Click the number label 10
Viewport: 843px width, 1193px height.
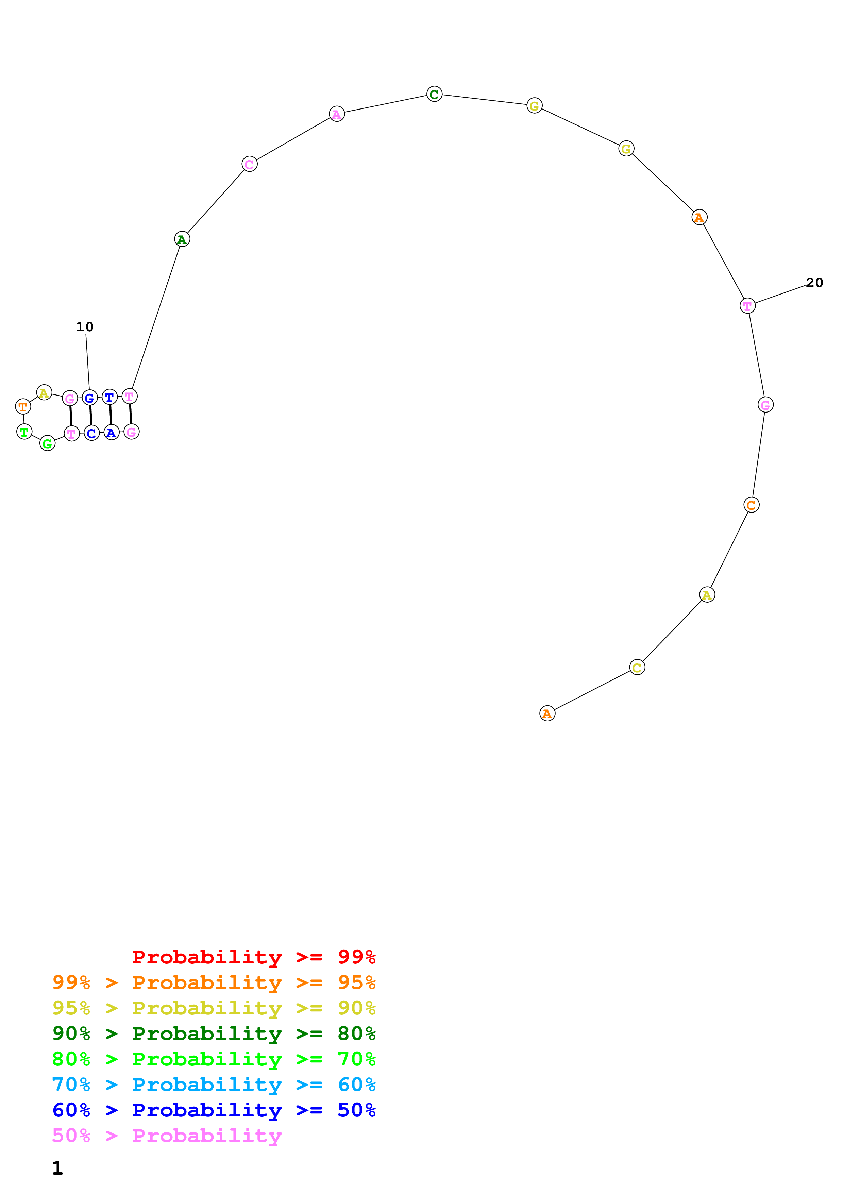[85, 327]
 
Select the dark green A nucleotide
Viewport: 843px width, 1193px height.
[182, 239]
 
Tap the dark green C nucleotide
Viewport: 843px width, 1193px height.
[434, 94]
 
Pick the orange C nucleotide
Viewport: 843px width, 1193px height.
[751, 505]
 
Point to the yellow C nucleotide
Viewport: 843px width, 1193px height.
[637, 667]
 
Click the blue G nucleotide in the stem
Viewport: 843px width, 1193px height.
[89, 398]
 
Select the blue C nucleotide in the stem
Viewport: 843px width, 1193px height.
[91, 433]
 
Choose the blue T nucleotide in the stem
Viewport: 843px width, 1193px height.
[109, 398]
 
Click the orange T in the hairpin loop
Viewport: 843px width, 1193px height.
[23, 406]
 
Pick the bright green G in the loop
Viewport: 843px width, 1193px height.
[47, 443]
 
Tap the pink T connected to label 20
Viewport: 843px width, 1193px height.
[747, 306]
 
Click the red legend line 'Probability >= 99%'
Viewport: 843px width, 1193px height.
[253, 957]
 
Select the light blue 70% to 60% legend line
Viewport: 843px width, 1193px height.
[214, 1085]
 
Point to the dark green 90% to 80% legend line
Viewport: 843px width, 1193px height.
[214, 1034]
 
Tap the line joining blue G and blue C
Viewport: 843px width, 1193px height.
[90, 416]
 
